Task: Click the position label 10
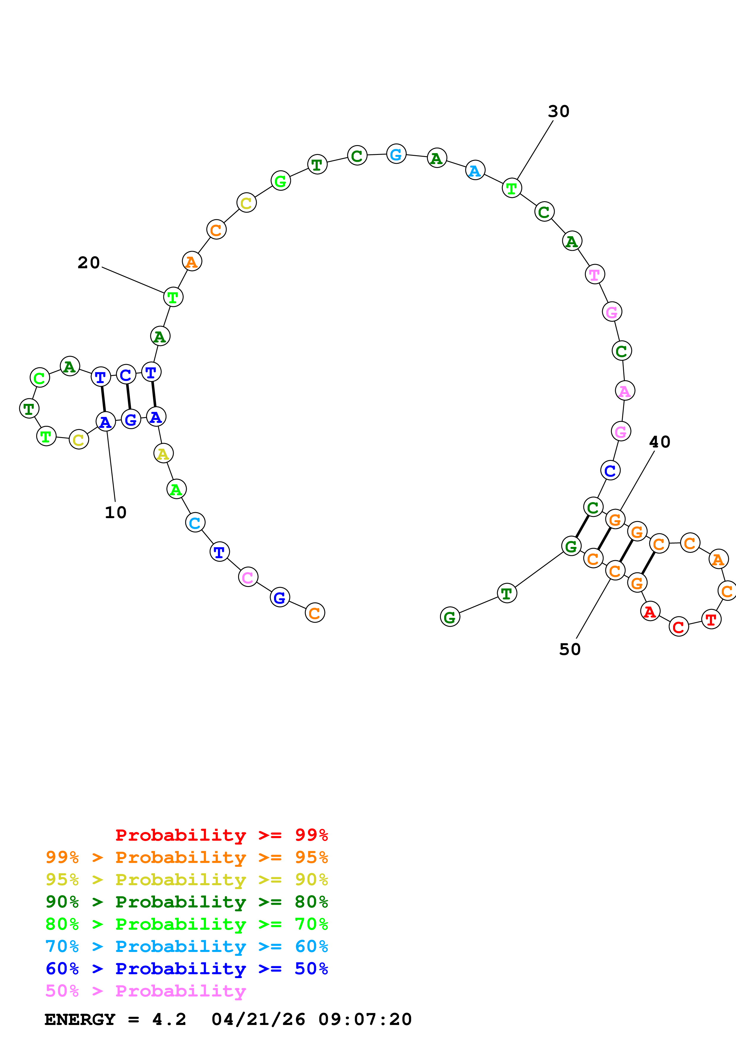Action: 115,512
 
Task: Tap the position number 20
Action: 88,263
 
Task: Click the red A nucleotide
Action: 650,612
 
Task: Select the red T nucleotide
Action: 710,619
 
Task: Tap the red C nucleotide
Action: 678,627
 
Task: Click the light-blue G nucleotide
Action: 396,154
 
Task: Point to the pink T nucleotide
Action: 594,274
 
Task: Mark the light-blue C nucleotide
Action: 195,523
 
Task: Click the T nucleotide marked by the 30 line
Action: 512,188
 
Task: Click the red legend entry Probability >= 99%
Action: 221,835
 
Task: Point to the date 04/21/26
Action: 258,1019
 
